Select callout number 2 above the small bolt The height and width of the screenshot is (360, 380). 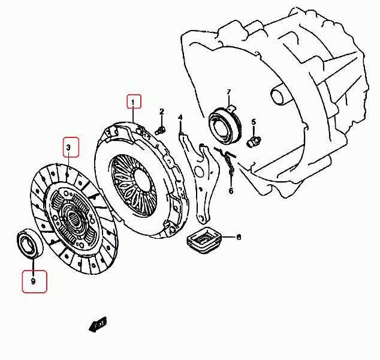[x=162, y=112]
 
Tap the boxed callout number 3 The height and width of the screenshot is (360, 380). [x=68, y=147]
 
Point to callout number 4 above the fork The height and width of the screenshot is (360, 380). [x=180, y=118]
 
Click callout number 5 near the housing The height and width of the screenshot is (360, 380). [x=254, y=122]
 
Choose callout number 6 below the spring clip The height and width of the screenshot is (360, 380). [x=231, y=191]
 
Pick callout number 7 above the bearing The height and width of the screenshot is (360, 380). [x=229, y=92]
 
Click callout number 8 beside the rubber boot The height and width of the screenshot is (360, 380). [x=239, y=237]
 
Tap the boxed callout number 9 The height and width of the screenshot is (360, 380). [x=33, y=281]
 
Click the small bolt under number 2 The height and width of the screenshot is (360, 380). [x=160, y=130]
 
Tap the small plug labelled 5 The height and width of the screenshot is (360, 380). [x=254, y=142]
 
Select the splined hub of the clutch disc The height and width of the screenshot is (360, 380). [x=74, y=217]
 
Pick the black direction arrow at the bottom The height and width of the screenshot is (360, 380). [x=98, y=324]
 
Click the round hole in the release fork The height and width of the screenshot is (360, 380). [x=200, y=172]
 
